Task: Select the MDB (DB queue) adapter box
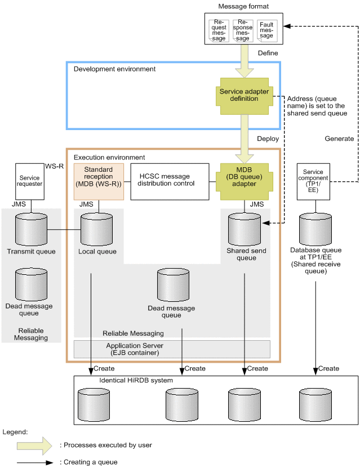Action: pos(244,179)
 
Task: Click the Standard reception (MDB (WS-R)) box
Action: pos(98,181)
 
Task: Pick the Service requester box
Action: pos(31,181)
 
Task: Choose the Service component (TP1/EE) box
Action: pos(313,181)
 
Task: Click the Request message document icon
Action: pos(219,31)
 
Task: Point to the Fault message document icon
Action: pos(266,31)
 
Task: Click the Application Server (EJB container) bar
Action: pos(172,349)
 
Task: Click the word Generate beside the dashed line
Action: pos(339,139)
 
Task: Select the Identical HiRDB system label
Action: pos(136,381)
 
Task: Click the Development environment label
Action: pos(114,69)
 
